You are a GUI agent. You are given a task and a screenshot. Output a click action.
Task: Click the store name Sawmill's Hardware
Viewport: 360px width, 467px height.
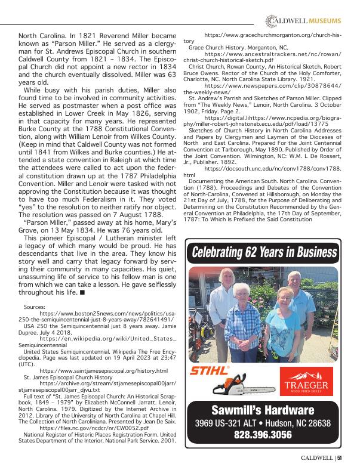pos(263,410)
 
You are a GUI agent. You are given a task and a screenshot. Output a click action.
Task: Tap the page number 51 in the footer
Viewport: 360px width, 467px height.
pos(339,458)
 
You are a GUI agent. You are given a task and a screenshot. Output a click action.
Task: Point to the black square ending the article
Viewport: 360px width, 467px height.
pos(82,293)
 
